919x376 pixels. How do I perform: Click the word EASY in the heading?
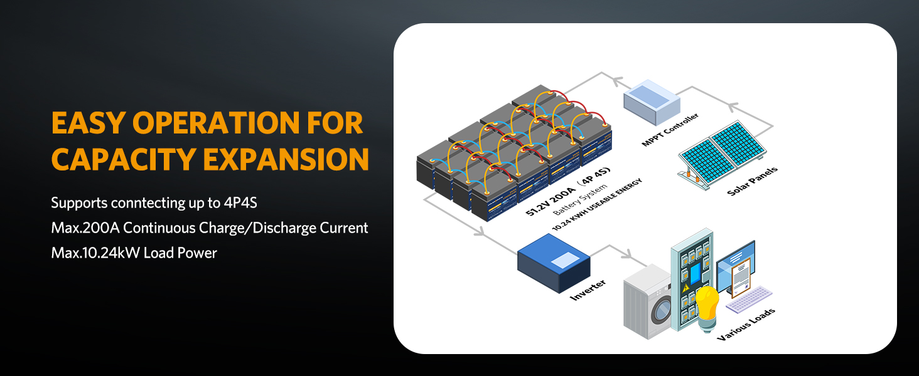87,123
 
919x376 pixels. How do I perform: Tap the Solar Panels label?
753,180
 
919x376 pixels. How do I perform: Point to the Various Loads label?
746,324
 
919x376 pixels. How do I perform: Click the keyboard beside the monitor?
748,299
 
